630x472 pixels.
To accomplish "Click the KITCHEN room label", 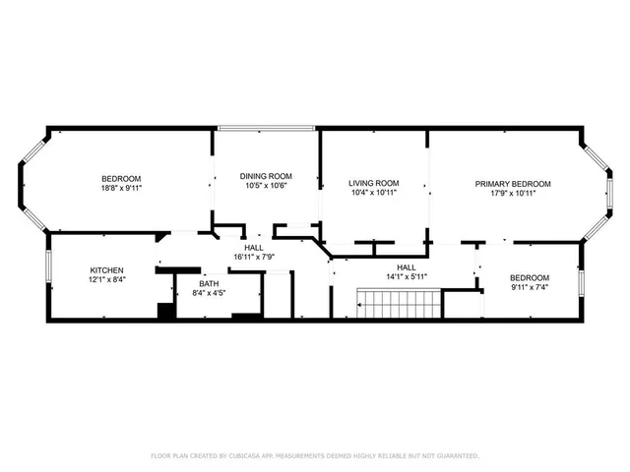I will [x=107, y=269].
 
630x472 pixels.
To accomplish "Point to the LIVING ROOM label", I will [x=374, y=183].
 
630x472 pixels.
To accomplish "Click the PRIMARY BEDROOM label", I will [x=513, y=184].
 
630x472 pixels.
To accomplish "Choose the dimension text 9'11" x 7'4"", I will [x=529, y=287].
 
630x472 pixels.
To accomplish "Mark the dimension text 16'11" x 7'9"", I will [x=253, y=257].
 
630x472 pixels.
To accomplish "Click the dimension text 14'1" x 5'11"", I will [x=406, y=276].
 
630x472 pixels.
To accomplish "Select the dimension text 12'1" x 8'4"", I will [x=107, y=279].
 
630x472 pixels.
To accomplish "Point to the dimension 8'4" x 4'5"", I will [x=210, y=292].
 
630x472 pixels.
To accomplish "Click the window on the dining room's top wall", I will [x=266, y=128].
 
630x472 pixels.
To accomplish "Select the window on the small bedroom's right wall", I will [x=581, y=280].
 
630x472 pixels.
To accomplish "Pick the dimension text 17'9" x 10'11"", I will [x=513, y=194].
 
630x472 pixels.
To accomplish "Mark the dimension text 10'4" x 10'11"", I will [x=374, y=193].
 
